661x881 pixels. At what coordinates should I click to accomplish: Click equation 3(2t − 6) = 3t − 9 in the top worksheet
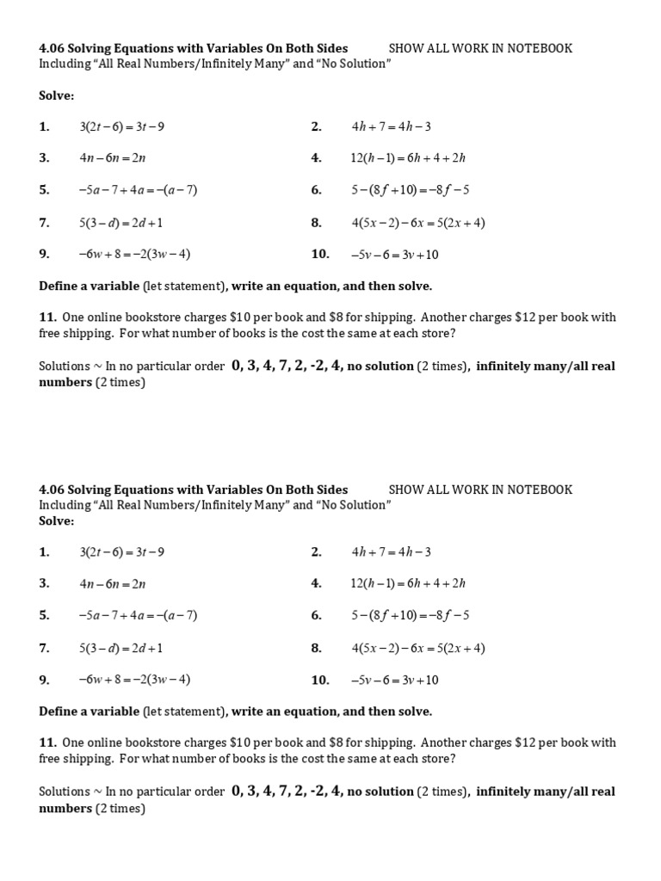(121, 126)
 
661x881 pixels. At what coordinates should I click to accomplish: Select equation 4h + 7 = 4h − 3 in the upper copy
(391, 126)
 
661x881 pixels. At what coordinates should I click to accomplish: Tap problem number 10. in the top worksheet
(320, 255)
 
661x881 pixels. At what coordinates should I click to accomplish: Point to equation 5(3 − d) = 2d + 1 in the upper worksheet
(120, 223)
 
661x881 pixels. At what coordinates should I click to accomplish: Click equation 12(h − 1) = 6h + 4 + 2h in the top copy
(408, 158)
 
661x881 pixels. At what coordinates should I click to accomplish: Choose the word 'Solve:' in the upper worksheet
(57, 95)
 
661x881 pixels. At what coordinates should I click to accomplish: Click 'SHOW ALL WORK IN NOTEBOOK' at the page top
(480, 48)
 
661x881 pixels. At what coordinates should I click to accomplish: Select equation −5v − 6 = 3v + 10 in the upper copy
(394, 255)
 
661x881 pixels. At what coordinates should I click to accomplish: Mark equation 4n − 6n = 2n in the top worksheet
(113, 158)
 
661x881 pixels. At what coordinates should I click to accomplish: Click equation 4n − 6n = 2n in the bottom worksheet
(113, 583)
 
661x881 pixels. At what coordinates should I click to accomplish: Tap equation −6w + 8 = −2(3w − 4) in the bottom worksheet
(134, 680)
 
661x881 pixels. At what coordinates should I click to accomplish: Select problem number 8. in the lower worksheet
(317, 648)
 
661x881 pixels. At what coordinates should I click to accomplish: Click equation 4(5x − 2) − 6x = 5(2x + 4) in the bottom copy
(418, 648)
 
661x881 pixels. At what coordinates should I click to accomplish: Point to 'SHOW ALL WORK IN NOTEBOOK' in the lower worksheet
(480, 490)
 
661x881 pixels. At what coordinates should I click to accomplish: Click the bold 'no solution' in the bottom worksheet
(380, 792)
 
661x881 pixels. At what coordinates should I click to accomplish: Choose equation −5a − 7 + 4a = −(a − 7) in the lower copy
(138, 615)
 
